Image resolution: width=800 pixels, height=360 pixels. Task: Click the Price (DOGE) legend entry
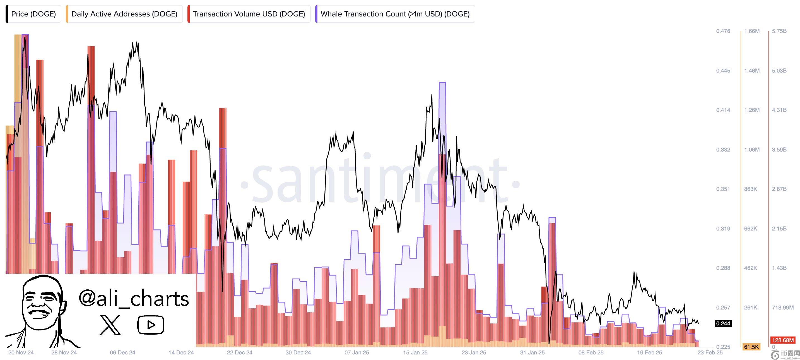coord(33,14)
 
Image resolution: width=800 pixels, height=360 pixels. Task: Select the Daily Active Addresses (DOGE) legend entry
coord(124,14)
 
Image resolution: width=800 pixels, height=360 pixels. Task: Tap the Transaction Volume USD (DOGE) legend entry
coord(249,14)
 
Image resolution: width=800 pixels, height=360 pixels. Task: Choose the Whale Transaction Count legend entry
coord(395,14)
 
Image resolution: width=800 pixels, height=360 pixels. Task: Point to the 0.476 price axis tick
coord(723,31)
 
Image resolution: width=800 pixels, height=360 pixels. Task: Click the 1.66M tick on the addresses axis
coord(751,31)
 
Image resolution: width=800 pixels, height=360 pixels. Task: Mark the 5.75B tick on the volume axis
coord(779,31)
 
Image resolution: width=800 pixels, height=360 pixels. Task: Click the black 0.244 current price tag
coord(723,324)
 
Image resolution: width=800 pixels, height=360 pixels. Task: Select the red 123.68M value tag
coord(783,340)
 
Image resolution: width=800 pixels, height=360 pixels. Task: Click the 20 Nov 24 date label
coord(21,352)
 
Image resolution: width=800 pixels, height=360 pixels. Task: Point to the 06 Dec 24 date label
coord(122,352)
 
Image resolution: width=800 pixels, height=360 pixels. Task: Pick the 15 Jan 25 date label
coord(415,352)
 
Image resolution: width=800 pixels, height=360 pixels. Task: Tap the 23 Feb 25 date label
coord(710,352)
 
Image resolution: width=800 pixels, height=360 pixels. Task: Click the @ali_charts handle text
coord(134,299)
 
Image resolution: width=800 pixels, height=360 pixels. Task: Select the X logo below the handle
coord(110,325)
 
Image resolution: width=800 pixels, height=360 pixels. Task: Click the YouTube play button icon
coord(151,325)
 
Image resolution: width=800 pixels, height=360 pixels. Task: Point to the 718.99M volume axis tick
coord(782,308)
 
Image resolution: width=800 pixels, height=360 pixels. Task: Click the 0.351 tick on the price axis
coord(723,189)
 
